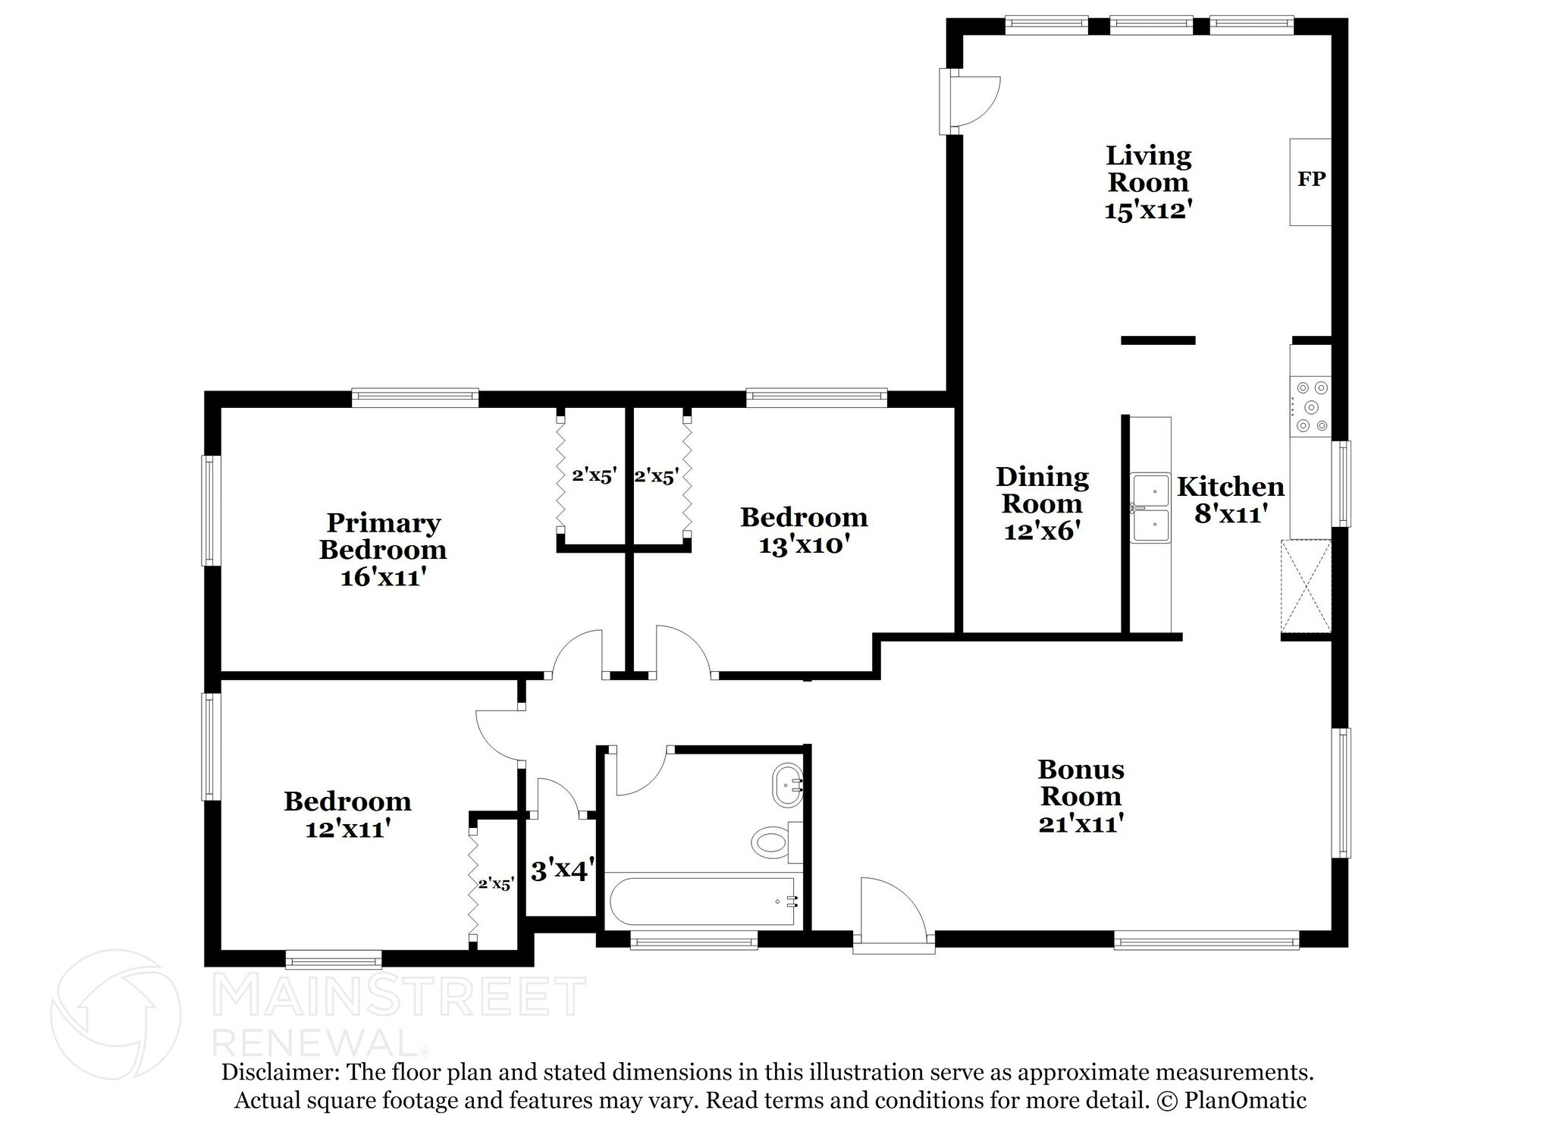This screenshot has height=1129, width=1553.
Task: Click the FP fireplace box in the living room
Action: (1310, 181)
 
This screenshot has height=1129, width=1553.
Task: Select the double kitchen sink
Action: (1150, 507)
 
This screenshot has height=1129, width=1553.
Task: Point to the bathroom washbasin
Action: (786, 785)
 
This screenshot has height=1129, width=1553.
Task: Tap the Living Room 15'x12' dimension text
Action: (1144, 210)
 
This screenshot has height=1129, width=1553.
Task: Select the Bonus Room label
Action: (1080, 782)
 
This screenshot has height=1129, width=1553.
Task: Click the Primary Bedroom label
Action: (383, 536)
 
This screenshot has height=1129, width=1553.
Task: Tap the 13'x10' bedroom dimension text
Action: (803, 545)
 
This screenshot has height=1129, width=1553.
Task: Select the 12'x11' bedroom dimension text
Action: (347, 829)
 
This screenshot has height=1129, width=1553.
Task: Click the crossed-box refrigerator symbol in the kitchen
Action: (1306, 585)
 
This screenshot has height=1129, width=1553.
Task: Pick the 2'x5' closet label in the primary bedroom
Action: (594, 476)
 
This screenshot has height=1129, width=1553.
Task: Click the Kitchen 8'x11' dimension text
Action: (1230, 514)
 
